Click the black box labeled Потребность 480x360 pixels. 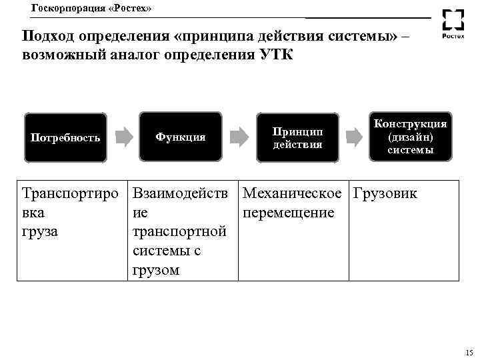[65, 138]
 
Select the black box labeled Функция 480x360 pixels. [181, 137]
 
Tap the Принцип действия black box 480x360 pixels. [297, 137]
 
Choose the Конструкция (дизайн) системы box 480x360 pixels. [410, 137]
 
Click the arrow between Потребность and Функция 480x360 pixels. [123, 137]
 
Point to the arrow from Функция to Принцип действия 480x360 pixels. [239, 137]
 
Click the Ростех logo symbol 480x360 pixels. [455, 20]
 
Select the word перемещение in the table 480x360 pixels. [289, 213]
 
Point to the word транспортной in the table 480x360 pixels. [180, 231]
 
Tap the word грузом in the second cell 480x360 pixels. [157, 270]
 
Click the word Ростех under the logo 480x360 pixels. [455, 37]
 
